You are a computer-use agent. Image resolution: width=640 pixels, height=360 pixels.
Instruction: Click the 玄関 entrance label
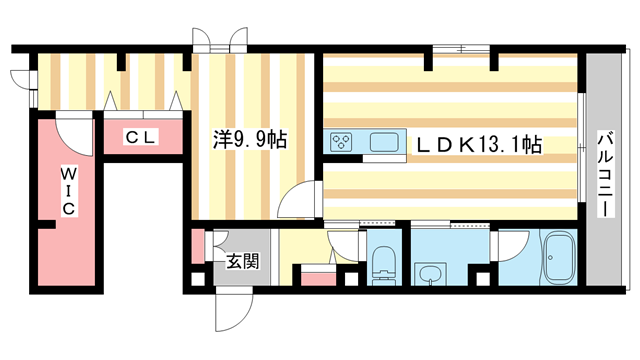pyautogui.click(x=243, y=262)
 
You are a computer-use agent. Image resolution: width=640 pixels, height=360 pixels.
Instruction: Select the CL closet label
pyautogui.click(x=139, y=138)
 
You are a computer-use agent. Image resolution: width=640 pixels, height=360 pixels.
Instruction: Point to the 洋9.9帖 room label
pyautogui.click(x=250, y=141)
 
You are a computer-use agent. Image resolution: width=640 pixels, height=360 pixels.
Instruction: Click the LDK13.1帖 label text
pyautogui.click(x=478, y=146)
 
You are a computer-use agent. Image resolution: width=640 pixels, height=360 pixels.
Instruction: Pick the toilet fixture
pyautogui.click(x=382, y=263)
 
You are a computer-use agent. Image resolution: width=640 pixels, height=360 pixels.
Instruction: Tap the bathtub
pyautogui.click(x=556, y=259)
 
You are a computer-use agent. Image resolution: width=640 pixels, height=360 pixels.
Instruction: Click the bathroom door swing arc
pyautogui.click(x=509, y=244)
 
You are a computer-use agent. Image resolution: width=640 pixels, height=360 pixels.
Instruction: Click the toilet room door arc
pyautogui.click(x=342, y=246)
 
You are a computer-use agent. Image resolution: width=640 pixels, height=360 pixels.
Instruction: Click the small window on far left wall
pyautogui.click(x=17, y=80)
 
